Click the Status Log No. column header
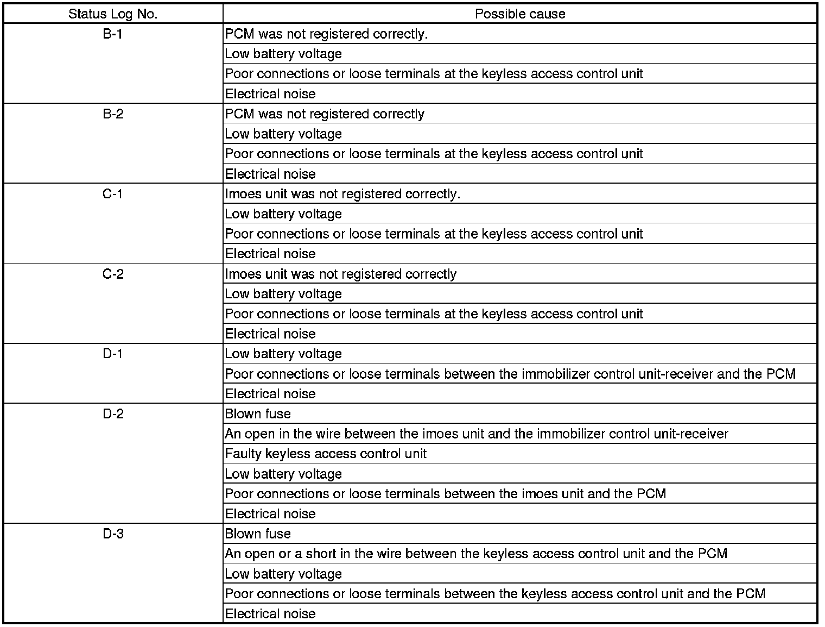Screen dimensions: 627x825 pos(113,14)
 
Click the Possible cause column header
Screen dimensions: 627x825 pos(519,14)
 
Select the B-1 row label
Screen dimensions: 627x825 pos(113,34)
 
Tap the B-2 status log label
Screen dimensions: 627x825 pos(113,114)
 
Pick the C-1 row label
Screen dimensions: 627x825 pos(113,194)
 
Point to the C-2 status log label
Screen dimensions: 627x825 pos(113,274)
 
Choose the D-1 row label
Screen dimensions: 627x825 pos(113,354)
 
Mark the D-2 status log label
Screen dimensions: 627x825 pos(113,414)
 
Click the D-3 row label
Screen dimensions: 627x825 pos(113,534)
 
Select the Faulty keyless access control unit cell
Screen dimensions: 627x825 pos(326,454)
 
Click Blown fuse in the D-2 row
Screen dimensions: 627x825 pos(258,414)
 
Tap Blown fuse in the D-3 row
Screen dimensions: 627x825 pos(258,534)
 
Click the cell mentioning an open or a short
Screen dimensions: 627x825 pos(476,554)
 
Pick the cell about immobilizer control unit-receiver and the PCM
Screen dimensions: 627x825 pos(510,374)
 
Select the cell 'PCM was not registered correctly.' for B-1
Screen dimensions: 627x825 pos(326,34)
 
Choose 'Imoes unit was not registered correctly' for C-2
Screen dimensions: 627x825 pos(340,274)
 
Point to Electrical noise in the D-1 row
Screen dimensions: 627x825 pos(270,394)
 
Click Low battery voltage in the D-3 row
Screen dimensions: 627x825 pos(283,574)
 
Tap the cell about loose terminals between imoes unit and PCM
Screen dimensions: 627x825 pos(445,494)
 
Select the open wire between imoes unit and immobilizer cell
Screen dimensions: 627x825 pos(476,434)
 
